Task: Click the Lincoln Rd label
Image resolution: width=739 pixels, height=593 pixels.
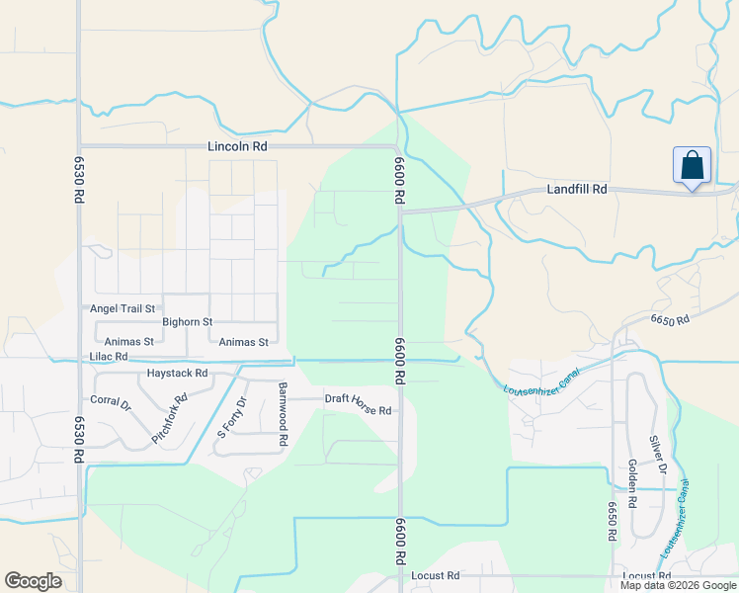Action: pyautogui.click(x=237, y=146)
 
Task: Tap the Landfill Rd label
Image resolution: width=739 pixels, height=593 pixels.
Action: pyautogui.click(x=577, y=189)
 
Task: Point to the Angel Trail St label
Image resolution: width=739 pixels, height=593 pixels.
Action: pyautogui.click(x=123, y=308)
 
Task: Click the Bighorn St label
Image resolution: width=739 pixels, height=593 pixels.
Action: pyautogui.click(x=188, y=322)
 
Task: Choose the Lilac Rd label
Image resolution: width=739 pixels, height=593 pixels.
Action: pyautogui.click(x=108, y=356)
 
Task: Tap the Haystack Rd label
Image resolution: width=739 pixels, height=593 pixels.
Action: pyautogui.click(x=177, y=374)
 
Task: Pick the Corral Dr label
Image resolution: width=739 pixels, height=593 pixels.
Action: pyautogui.click(x=111, y=403)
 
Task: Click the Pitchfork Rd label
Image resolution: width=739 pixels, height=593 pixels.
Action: pyautogui.click(x=169, y=419)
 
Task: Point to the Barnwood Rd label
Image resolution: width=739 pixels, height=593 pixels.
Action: pyautogui.click(x=283, y=405)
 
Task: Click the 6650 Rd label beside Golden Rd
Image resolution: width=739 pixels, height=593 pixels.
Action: pyautogui.click(x=613, y=520)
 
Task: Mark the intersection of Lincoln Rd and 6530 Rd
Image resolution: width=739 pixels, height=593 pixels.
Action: pyautogui.click(x=79, y=146)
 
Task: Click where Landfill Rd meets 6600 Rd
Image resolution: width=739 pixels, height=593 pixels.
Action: pyautogui.click(x=401, y=211)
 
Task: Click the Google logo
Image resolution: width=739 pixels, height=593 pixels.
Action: pyautogui.click(x=33, y=581)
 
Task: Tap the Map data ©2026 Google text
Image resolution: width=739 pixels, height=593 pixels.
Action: pyautogui.click(x=678, y=585)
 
